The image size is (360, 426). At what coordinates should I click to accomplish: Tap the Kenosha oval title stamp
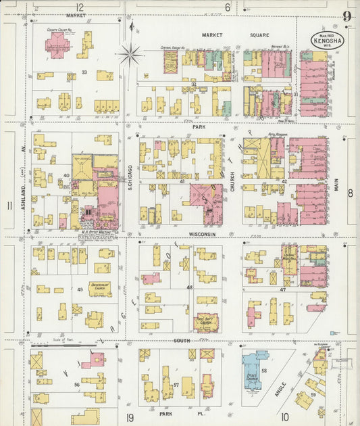click(x=326, y=40)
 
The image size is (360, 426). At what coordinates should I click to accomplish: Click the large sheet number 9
click(x=346, y=17)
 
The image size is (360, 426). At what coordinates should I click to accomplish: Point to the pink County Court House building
click(x=57, y=45)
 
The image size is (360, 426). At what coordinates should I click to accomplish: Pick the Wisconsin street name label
click(x=202, y=235)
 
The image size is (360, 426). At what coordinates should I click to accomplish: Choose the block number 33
click(x=84, y=72)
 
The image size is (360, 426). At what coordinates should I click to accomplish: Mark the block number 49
click(x=80, y=290)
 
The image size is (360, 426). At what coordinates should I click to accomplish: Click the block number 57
click(x=176, y=385)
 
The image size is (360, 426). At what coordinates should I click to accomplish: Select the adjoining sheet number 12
click(x=80, y=7)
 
